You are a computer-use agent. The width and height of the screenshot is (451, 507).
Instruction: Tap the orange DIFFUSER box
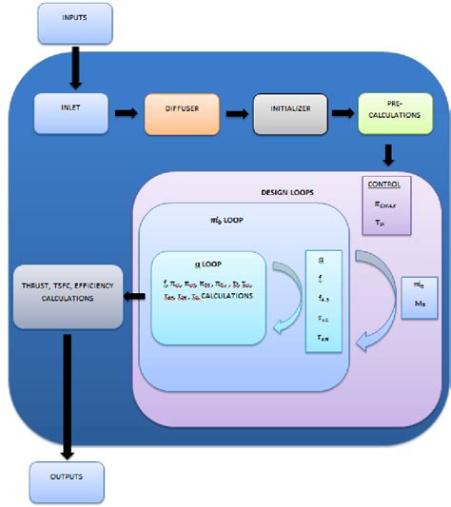point(181,113)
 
